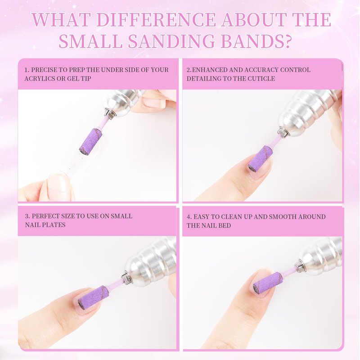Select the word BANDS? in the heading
255,41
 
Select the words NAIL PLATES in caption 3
45,225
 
